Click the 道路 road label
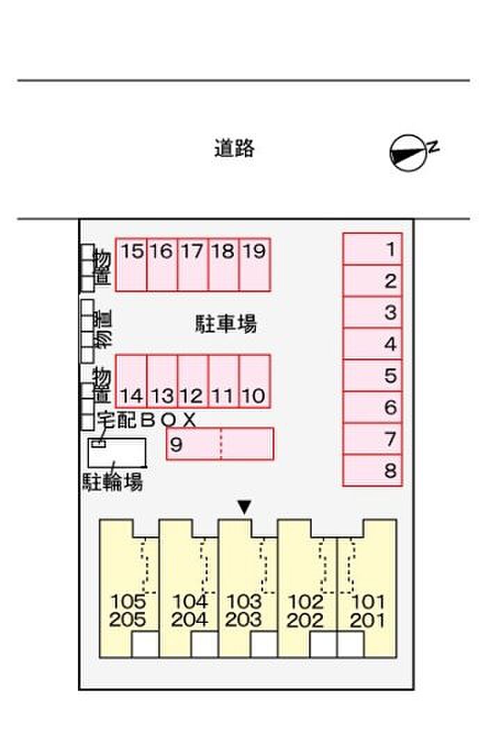tap(234, 148)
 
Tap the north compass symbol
tap(408, 152)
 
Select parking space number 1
tap(372, 249)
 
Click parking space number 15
tap(131, 265)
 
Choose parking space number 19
tap(255, 265)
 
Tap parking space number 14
tap(131, 381)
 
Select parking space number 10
tap(255, 381)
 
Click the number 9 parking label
tap(176, 444)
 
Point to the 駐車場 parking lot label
tap(225, 323)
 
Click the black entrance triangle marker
tap(243, 508)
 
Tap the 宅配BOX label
tap(147, 419)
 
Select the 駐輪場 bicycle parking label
tap(113, 482)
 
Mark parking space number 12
tap(193, 381)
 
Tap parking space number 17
tap(193, 265)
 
